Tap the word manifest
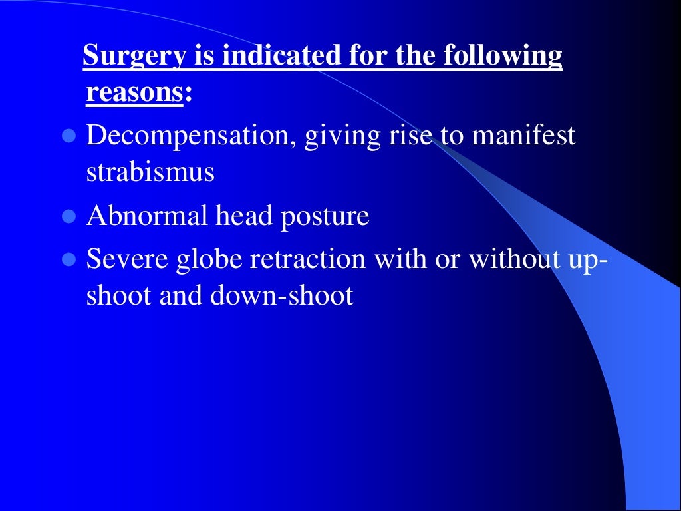523,136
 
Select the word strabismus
150,172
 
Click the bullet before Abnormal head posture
67,217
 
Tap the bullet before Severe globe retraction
67,260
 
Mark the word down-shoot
282,296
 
